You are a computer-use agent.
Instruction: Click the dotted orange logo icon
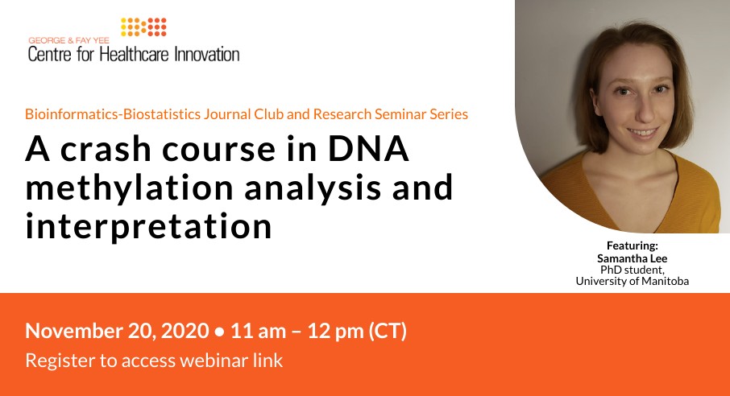[143, 27]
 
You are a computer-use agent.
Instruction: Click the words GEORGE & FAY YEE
[68, 40]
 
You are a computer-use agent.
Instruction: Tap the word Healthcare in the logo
[135, 55]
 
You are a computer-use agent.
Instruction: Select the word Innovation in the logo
[207, 55]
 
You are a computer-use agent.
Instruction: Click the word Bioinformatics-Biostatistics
[113, 114]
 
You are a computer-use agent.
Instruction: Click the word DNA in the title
[368, 149]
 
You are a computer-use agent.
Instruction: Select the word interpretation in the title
[148, 227]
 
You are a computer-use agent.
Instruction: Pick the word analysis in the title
[313, 188]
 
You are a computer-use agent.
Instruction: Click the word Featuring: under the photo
[633, 245]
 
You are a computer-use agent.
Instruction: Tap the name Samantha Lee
[633, 258]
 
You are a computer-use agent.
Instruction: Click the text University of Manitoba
[633, 281]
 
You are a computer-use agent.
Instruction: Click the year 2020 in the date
[185, 331]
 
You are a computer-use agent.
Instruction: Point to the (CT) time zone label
[388, 331]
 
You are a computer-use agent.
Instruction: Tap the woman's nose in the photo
[641, 112]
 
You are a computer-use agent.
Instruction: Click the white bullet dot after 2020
[220, 332]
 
